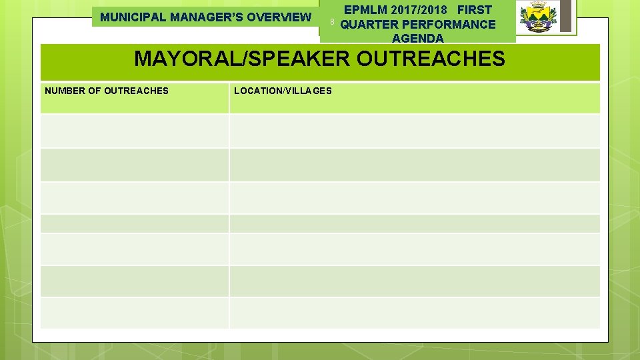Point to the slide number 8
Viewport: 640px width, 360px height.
[331, 23]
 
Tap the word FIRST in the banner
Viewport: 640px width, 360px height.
[475, 10]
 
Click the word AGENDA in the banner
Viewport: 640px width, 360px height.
[418, 38]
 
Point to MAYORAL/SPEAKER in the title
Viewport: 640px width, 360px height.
[241, 59]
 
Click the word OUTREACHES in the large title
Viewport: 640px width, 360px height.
[431, 59]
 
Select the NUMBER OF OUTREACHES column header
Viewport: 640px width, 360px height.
[107, 91]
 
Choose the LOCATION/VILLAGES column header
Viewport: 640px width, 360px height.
[283, 91]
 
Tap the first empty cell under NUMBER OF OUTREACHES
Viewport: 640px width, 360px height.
[134, 131]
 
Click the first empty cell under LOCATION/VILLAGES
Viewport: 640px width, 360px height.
[414, 131]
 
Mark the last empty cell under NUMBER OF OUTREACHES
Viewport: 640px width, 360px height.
[134, 313]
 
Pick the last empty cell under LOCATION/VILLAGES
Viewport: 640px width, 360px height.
[414, 313]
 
